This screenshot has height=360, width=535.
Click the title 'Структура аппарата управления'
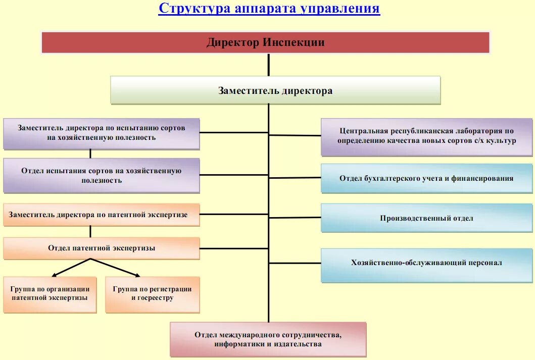coord(269,9)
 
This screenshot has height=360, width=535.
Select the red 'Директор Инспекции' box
coord(265,42)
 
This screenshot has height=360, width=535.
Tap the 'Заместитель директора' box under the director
coord(275,90)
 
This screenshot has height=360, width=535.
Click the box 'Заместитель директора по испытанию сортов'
coord(102,133)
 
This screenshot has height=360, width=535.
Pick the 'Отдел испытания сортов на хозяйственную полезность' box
coord(102,175)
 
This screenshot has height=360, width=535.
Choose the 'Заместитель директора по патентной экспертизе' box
coord(102,215)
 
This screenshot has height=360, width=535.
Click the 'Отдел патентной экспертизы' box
coord(102,248)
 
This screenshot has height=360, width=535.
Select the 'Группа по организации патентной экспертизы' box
coord(50,294)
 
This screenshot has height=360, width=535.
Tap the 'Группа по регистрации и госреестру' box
coord(152,294)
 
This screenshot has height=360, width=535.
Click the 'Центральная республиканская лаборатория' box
coord(427,136)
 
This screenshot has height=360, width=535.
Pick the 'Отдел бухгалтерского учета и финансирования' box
coord(427,178)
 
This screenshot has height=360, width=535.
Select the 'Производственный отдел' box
coord(427,218)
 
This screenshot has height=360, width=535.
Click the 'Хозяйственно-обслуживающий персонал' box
coord(427,263)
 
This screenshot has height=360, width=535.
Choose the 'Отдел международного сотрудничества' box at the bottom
coord(268,339)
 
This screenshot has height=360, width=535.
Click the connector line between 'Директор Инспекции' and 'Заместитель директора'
coord(268,65)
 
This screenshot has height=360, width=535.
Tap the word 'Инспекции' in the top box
coord(294,42)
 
